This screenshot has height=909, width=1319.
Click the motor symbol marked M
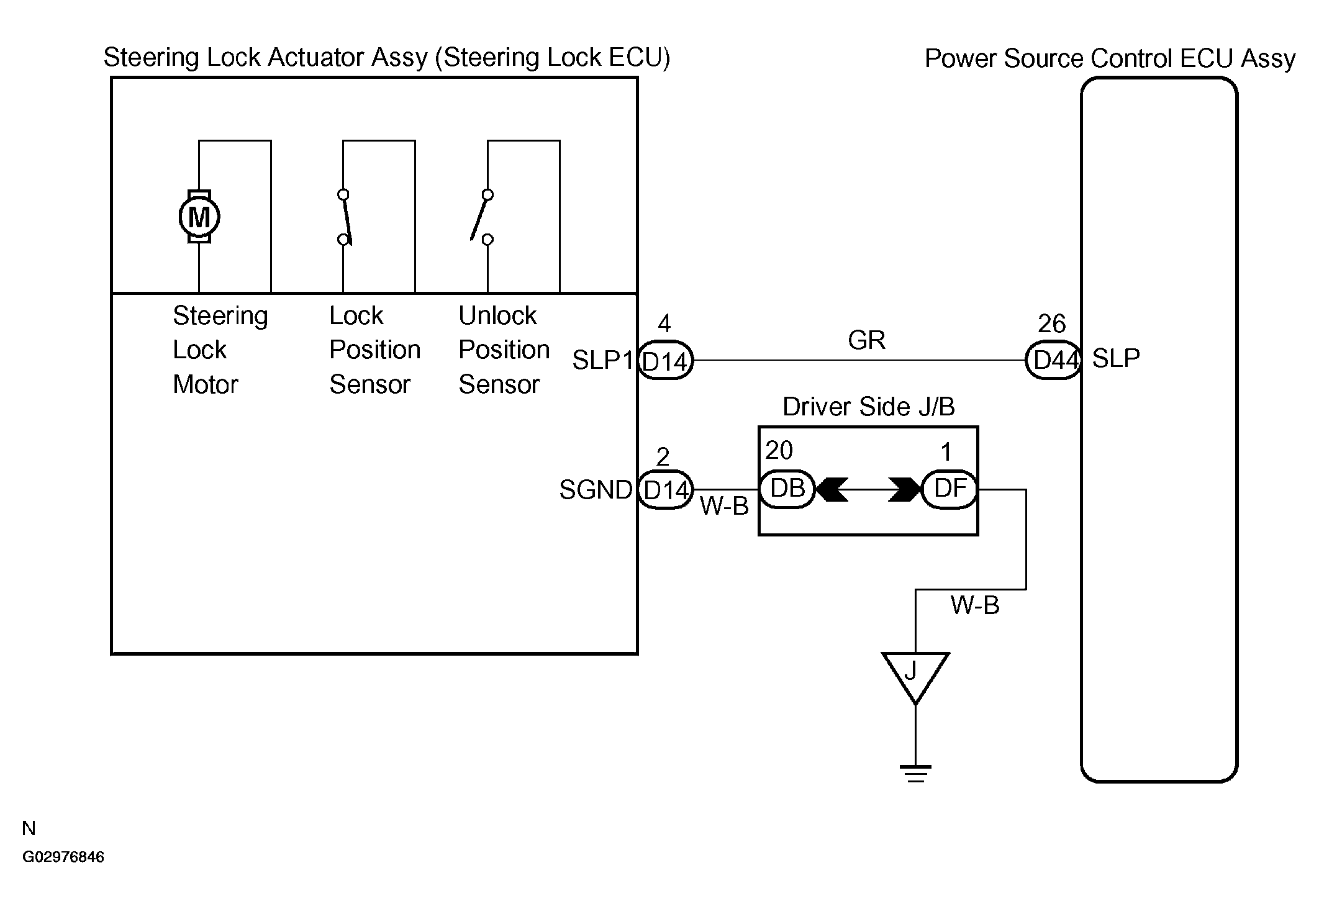(x=199, y=217)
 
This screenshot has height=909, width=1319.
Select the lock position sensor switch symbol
(x=345, y=217)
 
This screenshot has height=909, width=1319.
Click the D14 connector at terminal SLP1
(x=665, y=360)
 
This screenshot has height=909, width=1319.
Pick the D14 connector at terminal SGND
(x=665, y=490)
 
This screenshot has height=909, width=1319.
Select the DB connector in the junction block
(x=787, y=489)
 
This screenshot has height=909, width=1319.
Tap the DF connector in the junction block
(x=950, y=489)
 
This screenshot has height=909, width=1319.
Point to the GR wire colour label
(x=866, y=340)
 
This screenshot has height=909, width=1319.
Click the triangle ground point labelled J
(x=915, y=677)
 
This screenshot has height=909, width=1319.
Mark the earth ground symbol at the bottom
(x=915, y=773)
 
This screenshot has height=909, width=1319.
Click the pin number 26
(x=1051, y=323)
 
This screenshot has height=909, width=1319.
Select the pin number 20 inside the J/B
(x=779, y=450)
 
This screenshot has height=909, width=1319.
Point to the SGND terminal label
(x=596, y=490)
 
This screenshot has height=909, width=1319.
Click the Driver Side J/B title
(x=868, y=407)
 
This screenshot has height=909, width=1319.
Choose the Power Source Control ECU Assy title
(x=1110, y=58)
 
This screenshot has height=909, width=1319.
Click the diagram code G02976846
(x=63, y=857)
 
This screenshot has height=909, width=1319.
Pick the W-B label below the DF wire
(x=975, y=605)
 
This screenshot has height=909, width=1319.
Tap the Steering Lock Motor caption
(x=220, y=350)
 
